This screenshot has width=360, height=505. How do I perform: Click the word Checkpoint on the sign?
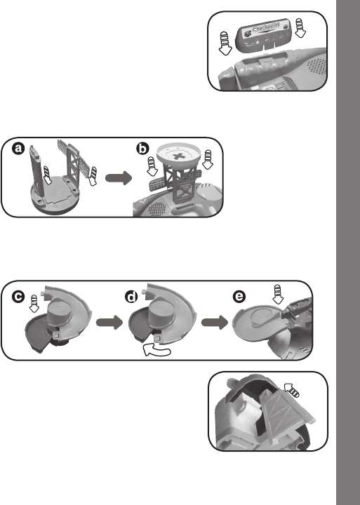266,27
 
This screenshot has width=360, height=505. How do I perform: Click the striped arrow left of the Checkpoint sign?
225,43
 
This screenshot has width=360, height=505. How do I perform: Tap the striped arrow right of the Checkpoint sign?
300,27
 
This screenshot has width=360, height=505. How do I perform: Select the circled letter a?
18,149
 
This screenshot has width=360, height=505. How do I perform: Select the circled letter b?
142,149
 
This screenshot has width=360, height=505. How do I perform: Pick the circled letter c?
18,296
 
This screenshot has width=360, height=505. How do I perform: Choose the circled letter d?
131,296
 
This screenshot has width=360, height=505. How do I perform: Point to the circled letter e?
239,296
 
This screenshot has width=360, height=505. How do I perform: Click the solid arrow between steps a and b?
119,178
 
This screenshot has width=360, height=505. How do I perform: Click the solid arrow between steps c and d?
109,323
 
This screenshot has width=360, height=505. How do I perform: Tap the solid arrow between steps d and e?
215,323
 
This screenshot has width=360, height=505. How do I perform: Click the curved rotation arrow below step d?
156,350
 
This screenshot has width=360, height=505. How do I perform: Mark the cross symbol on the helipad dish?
178,156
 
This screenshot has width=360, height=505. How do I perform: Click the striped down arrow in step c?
34,304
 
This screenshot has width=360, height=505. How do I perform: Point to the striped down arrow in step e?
277,295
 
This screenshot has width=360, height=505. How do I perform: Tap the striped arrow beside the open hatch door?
291,389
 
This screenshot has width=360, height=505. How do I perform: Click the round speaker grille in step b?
157,209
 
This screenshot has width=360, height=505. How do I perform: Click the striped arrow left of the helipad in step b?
152,166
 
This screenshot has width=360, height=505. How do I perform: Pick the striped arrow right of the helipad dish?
208,159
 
